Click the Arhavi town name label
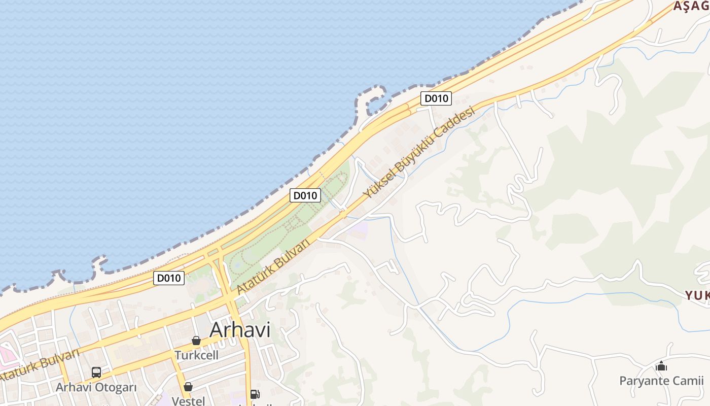(240, 330)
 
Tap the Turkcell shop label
(197, 355)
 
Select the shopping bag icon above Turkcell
(196, 341)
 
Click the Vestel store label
(188, 401)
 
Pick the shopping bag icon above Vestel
(188, 387)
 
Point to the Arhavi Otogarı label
(96, 387)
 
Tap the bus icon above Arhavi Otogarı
(96, 373)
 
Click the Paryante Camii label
(661, 381)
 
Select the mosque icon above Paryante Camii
(661, 366)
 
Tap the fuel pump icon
(255, 394)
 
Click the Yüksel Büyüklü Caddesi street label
(419, 152)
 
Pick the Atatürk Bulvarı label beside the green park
(273, 267)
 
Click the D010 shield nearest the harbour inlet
(436, 98)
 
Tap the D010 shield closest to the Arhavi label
(169, 278)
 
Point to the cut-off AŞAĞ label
(691, 6)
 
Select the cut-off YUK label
(697, 295)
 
